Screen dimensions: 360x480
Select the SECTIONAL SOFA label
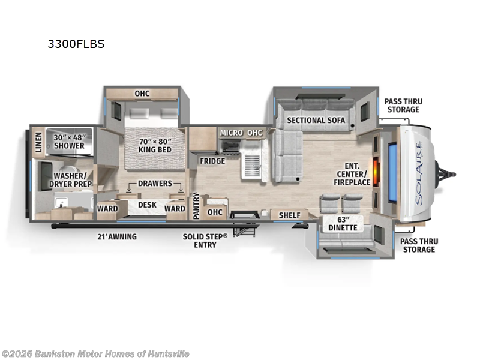point(316,120)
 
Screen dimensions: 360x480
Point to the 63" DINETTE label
point(343,224)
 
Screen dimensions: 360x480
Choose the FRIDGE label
point(212,161)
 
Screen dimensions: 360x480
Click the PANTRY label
point(196,206)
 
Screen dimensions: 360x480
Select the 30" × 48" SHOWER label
point(70,141)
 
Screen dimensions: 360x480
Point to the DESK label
point(147,205)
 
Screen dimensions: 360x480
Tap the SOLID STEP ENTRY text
point(205,241)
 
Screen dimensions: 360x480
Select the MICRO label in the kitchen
point(231,132)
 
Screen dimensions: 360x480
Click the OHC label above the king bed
point(142,94)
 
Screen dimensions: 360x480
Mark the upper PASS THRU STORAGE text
point(403,106)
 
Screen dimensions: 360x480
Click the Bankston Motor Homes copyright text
point(95,354)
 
